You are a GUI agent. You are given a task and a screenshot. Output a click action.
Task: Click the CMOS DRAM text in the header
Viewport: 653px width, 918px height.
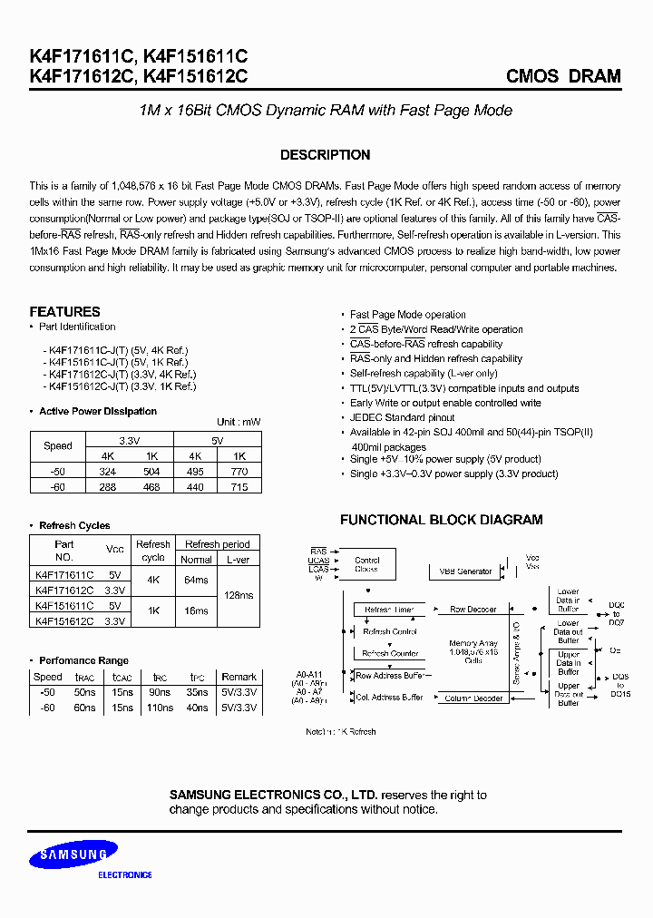(x=563, y=76)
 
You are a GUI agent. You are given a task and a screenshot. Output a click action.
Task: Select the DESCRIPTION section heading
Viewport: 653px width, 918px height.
(x=325, y=155)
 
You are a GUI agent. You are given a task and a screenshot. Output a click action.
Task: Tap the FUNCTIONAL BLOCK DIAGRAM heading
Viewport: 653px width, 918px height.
(x=441, y=520)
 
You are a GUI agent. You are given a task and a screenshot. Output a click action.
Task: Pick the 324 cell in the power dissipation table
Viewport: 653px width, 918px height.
(x=107, y=472)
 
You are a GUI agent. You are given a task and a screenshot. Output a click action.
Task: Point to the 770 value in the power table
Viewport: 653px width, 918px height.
(x=239, y=472)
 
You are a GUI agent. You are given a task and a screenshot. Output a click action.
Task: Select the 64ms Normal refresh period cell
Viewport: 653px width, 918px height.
(x=196, y=579)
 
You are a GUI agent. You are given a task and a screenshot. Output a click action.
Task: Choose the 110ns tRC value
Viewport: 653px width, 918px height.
(x=160, y=708)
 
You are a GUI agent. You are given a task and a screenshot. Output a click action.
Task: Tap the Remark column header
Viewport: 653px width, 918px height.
(x=239, y=677)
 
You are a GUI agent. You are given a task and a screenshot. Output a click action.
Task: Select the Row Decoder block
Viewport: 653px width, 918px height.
(x=473, y=610)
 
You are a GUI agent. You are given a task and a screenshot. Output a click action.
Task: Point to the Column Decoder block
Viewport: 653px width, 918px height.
(x=473, y=698)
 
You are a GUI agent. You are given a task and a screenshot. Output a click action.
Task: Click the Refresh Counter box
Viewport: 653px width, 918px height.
(x=390, y=653)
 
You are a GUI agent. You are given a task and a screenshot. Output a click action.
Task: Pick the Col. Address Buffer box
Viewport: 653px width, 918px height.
(x=389, y=697)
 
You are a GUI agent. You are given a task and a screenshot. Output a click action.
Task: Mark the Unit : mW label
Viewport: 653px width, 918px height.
(x=239, y=422)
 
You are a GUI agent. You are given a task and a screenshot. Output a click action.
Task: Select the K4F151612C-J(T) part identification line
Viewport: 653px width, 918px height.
(x=119, y=386)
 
